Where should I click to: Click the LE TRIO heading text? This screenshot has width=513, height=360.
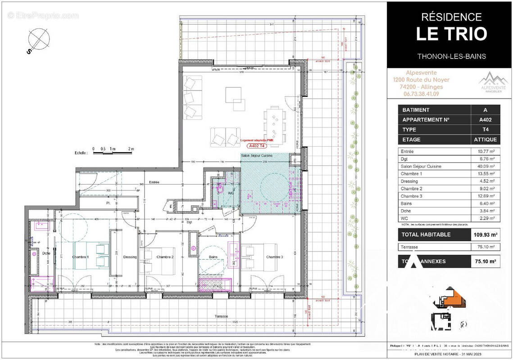tap(451, 34)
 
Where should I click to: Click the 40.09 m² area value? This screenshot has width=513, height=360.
tap(485, 166)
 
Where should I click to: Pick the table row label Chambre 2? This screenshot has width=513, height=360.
tap(412, 189)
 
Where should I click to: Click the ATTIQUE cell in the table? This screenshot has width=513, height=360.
tap(485, 139)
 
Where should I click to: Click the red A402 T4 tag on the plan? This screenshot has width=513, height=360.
tap(259, 146)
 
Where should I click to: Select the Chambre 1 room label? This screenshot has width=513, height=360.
tap(81, 257)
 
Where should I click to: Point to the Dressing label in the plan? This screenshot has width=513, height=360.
tap(130, 257)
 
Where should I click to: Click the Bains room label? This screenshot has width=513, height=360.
tap(213, 257)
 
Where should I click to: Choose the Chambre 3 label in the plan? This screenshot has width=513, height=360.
tap(274, 257)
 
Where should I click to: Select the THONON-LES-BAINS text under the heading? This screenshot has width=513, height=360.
tap(451, 56)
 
